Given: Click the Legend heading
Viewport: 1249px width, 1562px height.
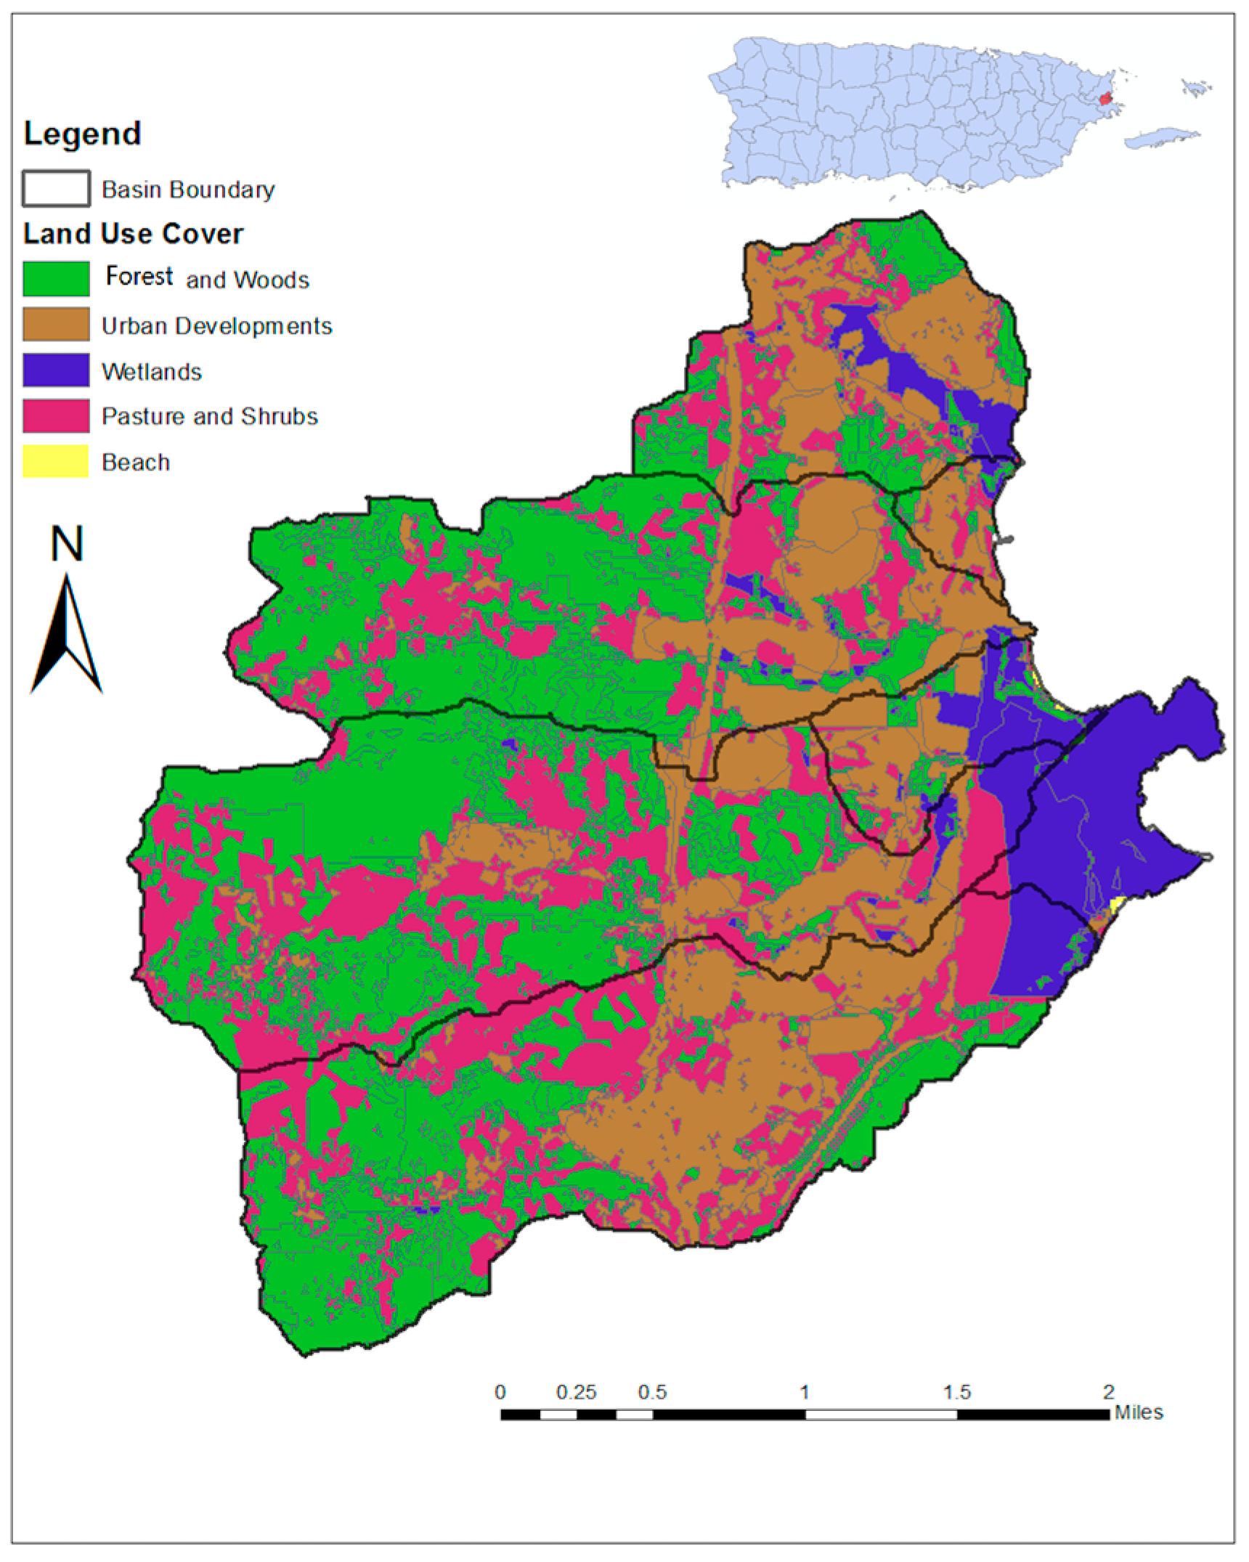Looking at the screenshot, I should [82, 134].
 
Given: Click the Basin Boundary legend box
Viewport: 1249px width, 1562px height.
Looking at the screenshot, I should [56, 189].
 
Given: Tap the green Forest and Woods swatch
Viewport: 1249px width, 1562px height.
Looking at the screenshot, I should [56, 279].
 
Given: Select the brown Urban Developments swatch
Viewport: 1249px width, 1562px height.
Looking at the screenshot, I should [56, 325].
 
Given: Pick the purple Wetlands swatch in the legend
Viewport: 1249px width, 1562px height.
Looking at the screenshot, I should [56, 370].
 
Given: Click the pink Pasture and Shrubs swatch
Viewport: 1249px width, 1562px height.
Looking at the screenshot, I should [56, 416].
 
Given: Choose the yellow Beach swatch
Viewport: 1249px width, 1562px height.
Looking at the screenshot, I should [56, 461].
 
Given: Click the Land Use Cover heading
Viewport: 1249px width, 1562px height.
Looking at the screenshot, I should [133, 234].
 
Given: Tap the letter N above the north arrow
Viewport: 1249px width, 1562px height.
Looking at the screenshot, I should [67, 545].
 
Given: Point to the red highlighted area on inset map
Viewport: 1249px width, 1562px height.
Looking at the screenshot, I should [1104, 98].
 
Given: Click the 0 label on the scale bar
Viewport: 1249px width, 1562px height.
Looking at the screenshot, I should [500, 1392].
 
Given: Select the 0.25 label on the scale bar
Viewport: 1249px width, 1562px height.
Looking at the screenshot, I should [576, 1392].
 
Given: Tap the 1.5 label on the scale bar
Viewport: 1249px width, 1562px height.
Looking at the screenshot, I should [956, 1392].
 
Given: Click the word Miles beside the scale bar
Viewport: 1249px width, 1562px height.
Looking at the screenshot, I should [1139, 1412].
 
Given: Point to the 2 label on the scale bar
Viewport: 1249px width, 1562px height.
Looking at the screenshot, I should [1108, 1392].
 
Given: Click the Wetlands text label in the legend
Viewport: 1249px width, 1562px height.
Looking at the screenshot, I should [152, 372].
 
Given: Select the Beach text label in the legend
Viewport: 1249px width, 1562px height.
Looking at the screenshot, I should [136, 462].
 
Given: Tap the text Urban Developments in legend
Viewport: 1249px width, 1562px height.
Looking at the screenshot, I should [216, 326].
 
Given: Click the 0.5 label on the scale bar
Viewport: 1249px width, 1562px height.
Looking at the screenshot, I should [652, 1392].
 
